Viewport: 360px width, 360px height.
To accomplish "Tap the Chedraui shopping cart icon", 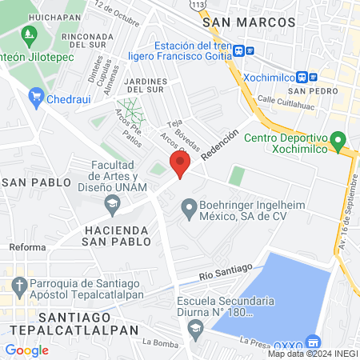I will pyautogui.click(x=36, y=98).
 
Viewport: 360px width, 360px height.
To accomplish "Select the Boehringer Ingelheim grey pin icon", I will pyautogui.click(x=189, y=210).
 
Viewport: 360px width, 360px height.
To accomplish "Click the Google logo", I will pyautogui.click(x=26, y=350).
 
